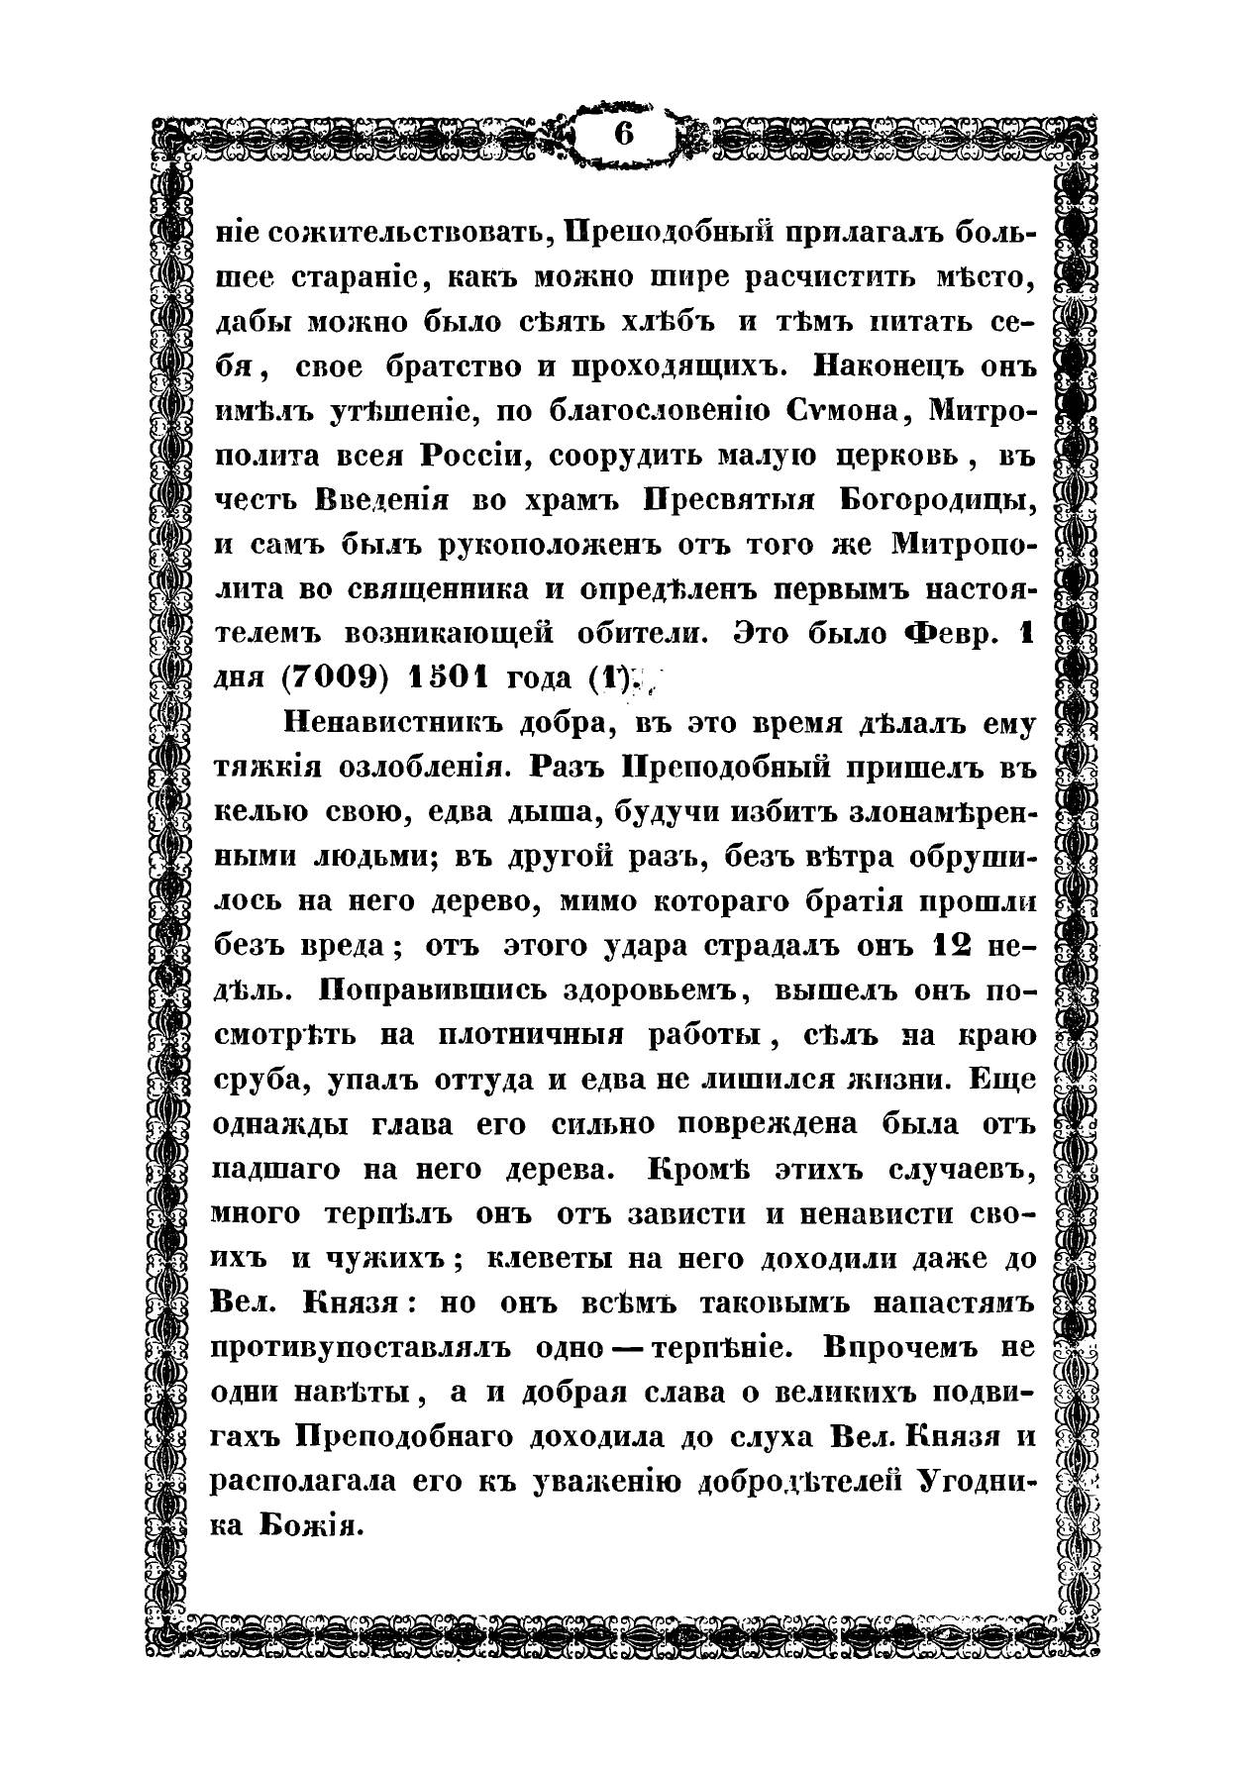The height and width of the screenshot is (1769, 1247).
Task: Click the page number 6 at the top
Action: [623, 133]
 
